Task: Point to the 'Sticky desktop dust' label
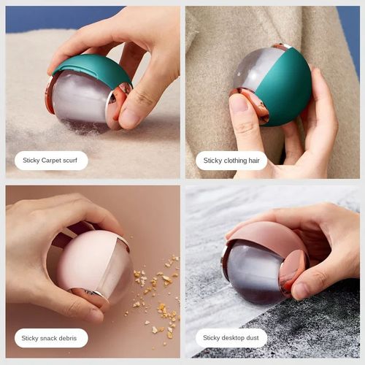231,338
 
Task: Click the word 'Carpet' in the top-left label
52,160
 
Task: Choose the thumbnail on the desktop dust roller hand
301,290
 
